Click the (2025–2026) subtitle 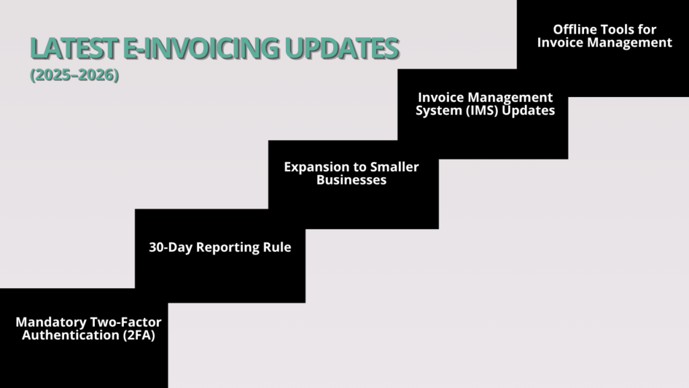point(75,75)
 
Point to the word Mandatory point(48,322)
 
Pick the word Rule point(278,248)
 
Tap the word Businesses point(352,180)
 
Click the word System point(435,110)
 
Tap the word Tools point(622,30)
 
